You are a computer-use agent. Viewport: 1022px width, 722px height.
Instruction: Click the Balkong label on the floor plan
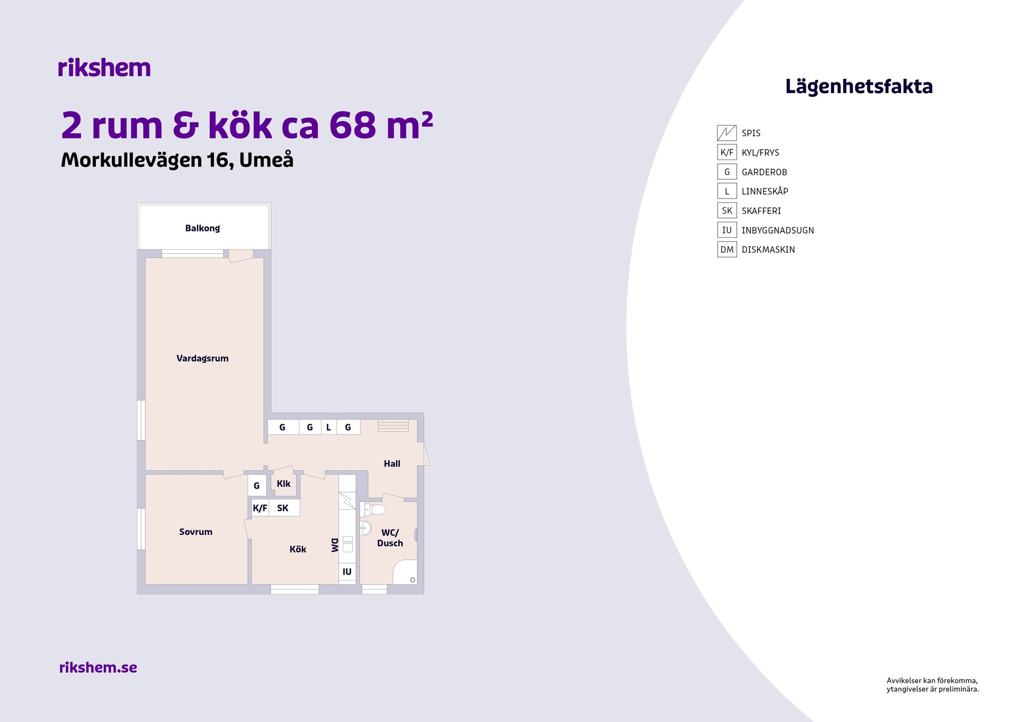tap(202, 228)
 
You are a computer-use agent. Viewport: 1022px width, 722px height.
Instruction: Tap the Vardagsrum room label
tap(202, 359)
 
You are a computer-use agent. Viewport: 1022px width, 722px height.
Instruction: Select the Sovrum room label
tap(195, 532)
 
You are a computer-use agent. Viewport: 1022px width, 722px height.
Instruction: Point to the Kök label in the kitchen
tap(298, 549)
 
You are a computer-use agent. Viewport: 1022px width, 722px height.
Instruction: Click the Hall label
tap(392, 464)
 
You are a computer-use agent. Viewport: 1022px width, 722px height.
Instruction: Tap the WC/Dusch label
tap(390, 538)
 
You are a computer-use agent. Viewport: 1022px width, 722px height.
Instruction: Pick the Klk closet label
tap(284, 484)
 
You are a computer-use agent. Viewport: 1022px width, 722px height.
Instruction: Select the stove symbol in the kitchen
tap(347, 501)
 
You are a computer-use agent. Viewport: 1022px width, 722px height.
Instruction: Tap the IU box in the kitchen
tap(347, 571)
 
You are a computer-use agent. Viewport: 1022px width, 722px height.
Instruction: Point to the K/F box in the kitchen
tap(260, 508)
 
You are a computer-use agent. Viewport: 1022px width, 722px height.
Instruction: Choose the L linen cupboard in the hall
tap(328, 427)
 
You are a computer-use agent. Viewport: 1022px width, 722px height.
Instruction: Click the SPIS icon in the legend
tap(727, 133)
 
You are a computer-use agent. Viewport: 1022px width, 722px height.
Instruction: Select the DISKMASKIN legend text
tap(768, 250)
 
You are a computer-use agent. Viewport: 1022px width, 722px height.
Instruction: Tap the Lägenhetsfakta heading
tap(859, 87)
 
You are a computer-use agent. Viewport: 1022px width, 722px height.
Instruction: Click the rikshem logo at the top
tap(104, 68)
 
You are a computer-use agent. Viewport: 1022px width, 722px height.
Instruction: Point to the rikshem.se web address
tap(98, 667)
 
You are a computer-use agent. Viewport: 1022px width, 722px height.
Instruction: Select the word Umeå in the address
tap(266, 160)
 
